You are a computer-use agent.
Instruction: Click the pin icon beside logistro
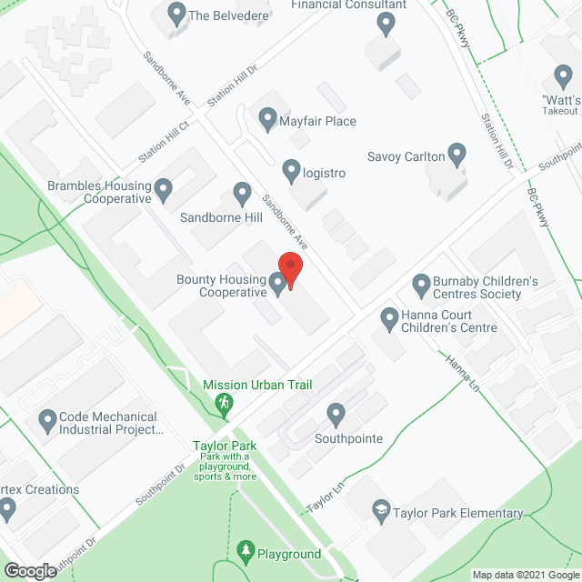click(291, 169)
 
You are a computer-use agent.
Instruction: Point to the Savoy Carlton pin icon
click(457, 155)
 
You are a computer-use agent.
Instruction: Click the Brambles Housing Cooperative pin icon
click(164, 190)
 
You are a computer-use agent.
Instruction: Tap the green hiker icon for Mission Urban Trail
click(224, 403)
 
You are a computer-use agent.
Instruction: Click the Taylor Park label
click(225, 446)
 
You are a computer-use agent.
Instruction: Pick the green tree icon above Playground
click(246, 551)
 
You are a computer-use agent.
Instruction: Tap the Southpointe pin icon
click(336, 415)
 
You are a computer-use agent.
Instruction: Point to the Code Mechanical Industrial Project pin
click(47, 421)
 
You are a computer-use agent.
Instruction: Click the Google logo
click(29, 570)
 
